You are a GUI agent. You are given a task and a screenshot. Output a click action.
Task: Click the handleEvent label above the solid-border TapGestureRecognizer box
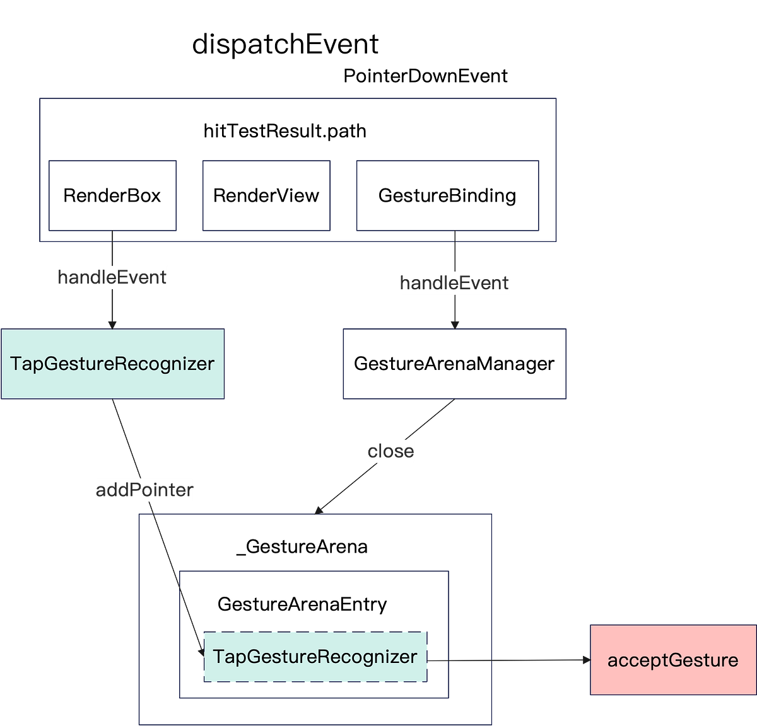click(x=112, y=277)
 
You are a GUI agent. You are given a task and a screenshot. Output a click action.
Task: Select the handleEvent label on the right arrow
click(x=454, y=283)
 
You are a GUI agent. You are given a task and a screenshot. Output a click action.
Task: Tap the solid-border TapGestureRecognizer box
click(x=113, y=364)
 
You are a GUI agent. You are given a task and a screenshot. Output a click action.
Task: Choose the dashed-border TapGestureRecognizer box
click(x=315, y=656)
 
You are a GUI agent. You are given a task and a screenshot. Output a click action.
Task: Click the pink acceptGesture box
click(x=672, y=660)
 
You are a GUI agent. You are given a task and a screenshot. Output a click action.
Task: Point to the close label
click(x=390, y=451)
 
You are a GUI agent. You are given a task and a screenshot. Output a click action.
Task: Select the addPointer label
click(x=144, y=490)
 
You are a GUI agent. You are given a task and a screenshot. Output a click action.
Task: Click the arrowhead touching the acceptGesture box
click(x=585, y=660)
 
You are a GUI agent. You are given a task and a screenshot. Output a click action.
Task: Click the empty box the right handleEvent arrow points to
click(x=454, y=364)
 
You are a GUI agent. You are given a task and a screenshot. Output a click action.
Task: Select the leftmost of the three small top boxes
click(x=112, y=195)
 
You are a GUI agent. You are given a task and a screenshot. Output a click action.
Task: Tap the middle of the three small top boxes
click(x=266, y=195)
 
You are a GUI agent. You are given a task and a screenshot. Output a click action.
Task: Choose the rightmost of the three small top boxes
click(x=447, y=195)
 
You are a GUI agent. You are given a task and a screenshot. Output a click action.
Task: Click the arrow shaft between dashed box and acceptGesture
click(x=505, y=660)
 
